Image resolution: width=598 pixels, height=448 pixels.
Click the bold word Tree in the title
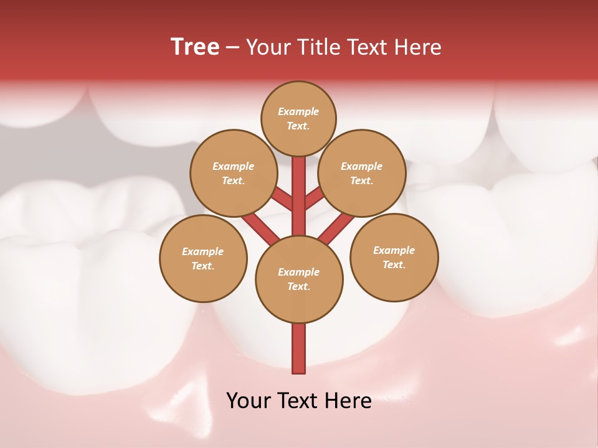click(195, 47)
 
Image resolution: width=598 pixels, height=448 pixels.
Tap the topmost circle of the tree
click(298, 118)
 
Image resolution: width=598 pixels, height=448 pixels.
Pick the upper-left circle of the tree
click(233, 173)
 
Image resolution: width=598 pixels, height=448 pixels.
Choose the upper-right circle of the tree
click(362, 173)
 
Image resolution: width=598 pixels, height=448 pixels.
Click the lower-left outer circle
click(203, 258)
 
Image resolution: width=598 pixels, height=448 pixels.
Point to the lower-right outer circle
click(394, 258)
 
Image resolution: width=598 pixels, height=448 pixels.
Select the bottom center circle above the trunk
click(299, 279)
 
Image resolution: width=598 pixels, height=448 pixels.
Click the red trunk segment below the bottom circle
click(299, 348)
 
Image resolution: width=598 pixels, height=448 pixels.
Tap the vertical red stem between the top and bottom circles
click(299, 196)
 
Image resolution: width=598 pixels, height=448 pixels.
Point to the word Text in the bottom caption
click(299, 401)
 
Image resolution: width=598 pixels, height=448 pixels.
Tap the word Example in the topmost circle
click(298, 111)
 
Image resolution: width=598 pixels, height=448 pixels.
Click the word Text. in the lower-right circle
click(394, 264)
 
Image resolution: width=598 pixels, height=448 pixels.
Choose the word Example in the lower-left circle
click(202, 251)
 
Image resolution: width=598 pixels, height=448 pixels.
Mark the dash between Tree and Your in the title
click(232, 48)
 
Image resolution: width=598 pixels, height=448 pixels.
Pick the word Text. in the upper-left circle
click(233, 180)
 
